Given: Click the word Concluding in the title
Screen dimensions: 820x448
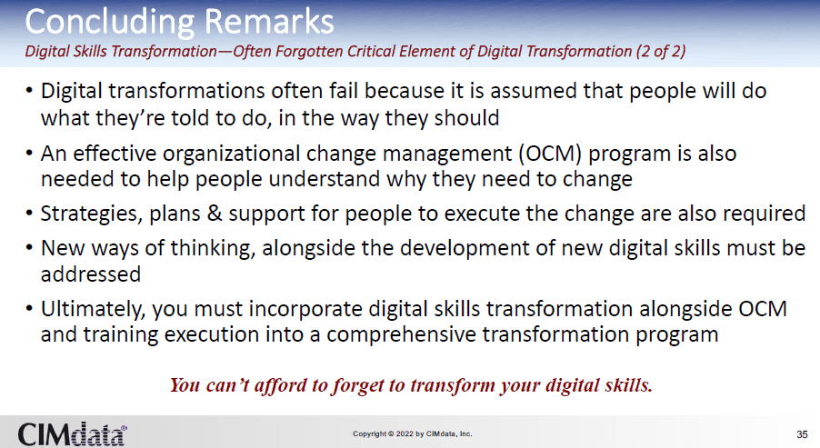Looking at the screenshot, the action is point(110,23).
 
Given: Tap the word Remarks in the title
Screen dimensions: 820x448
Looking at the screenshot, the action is point(269,22).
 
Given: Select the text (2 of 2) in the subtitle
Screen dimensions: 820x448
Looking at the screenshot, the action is point(661,51).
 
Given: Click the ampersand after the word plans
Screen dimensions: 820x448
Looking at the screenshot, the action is point(215,214).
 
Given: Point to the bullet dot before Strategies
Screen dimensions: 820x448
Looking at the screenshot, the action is point(29,214).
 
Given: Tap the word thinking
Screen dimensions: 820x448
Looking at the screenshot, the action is point(213,248).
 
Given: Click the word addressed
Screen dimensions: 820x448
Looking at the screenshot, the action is point(91,274).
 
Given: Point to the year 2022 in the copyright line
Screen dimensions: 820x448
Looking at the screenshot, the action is point(405,433).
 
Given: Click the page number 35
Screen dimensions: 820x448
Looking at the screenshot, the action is point(802,434).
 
